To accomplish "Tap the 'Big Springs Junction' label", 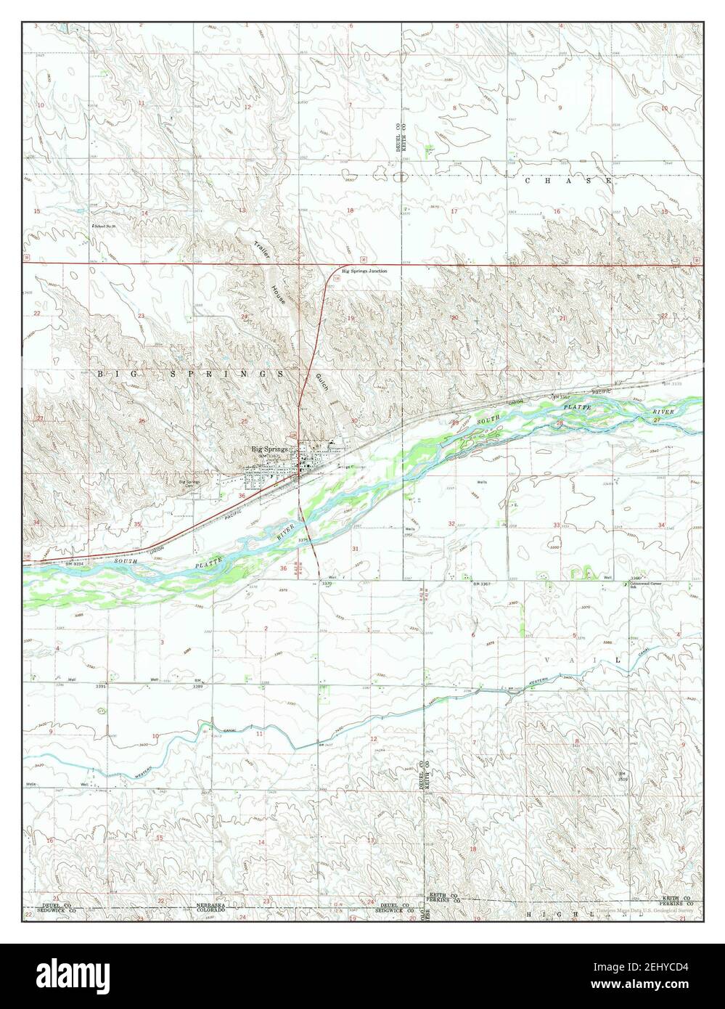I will tap(364, 271).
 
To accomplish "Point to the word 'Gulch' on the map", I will tap(320, 380).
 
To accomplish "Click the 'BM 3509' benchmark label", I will tap(621, 776).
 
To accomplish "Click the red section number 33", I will tap(557, 525).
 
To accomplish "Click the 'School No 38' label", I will tap(105, 226).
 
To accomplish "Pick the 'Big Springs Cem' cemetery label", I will tap(189, 482).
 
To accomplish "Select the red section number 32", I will tap(451, 523).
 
